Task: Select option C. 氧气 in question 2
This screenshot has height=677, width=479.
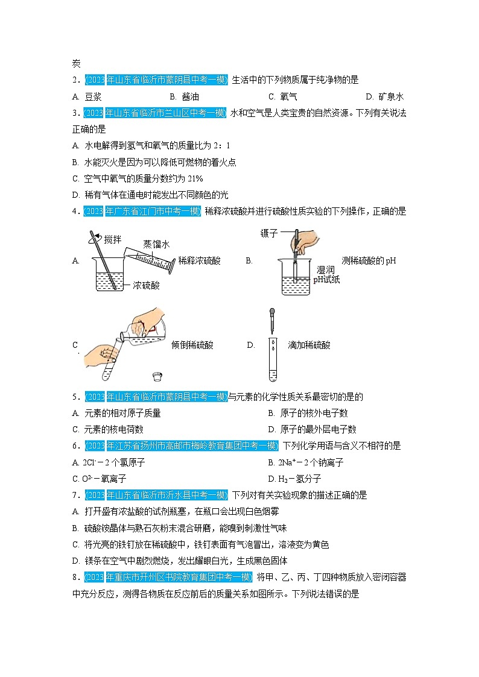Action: pos(283,96)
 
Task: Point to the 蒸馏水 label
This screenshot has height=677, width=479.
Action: pos(156,244)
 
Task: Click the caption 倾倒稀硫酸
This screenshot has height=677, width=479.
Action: pos(192,345)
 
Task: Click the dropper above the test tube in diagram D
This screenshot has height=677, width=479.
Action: pos(272,320)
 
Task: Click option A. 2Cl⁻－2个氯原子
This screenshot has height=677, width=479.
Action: pos(108,462)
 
